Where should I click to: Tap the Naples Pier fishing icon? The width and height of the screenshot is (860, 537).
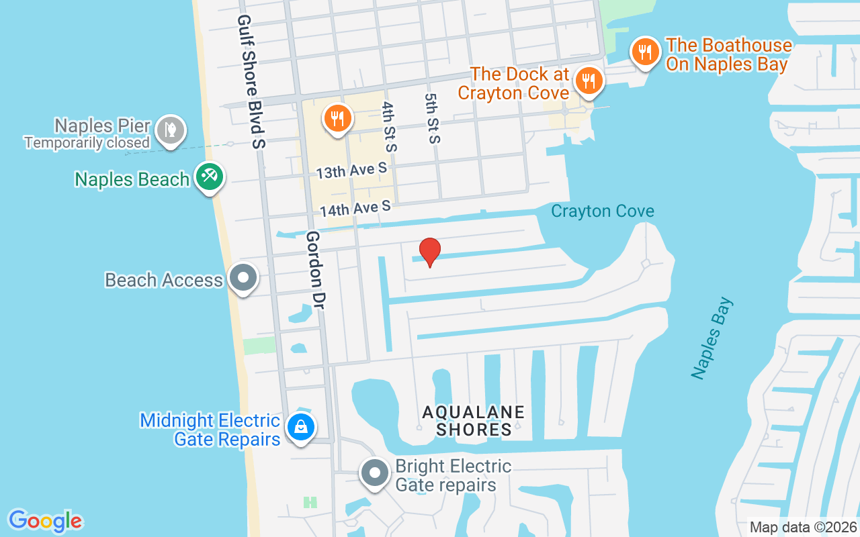point(171,130)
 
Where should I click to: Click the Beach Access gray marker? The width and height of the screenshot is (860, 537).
point(243,277)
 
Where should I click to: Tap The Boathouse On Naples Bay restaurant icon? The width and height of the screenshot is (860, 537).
point(645,52)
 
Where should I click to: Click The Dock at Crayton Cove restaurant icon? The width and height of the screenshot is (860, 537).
point(589,81)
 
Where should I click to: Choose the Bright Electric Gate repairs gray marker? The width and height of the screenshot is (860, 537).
point(375,473)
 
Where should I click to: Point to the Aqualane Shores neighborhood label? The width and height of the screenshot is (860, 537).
point(474,420)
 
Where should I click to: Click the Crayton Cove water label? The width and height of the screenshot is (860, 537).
point(603,211)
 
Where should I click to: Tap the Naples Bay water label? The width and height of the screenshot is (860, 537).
point(713,339)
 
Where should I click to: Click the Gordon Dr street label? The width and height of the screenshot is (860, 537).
point(314,270)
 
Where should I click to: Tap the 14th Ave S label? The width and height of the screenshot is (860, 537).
point(355,209)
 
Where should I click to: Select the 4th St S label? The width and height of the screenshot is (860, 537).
point(390,127)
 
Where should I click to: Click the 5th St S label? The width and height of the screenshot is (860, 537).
point(432,118)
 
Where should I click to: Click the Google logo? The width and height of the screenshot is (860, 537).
point(46,520)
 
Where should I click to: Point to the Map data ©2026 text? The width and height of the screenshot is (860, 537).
point(803,527)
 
